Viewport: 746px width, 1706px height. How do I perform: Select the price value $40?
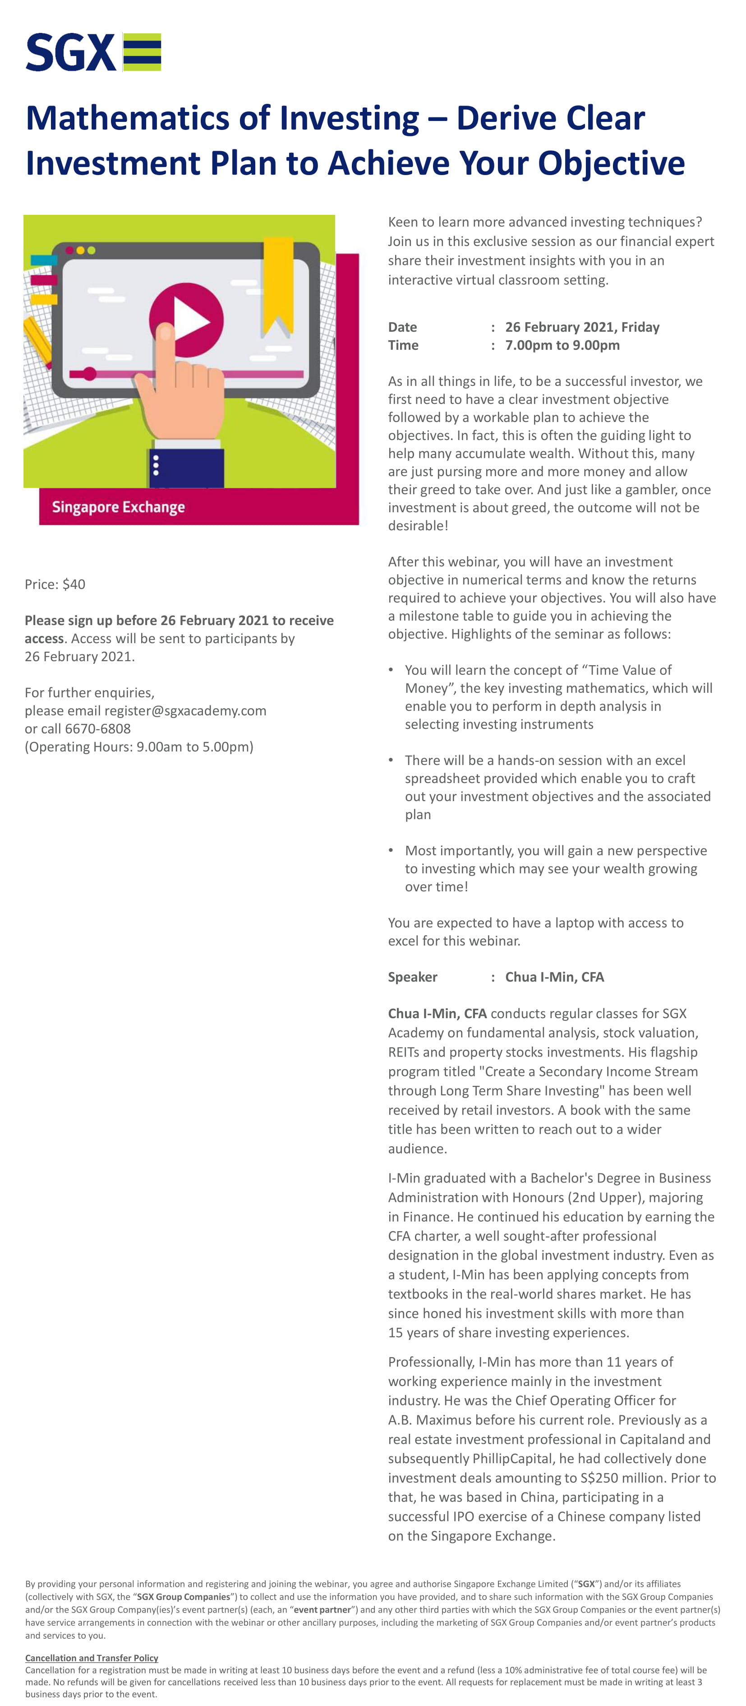[74, 584]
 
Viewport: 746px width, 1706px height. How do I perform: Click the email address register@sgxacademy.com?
[185, 711]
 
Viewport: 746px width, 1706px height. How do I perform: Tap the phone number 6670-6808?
[98, 728]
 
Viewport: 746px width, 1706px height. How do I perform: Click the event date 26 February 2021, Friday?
[582, 327]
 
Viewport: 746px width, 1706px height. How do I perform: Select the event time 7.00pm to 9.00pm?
[562, 345]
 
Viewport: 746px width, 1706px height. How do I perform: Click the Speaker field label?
[412, 977]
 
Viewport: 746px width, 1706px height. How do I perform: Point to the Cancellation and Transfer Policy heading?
[92, 1658]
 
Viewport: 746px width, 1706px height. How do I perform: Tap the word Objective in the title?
[611, 163]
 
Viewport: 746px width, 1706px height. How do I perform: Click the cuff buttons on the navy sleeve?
[156, 465]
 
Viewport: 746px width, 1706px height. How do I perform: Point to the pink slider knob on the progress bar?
[89, 374]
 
